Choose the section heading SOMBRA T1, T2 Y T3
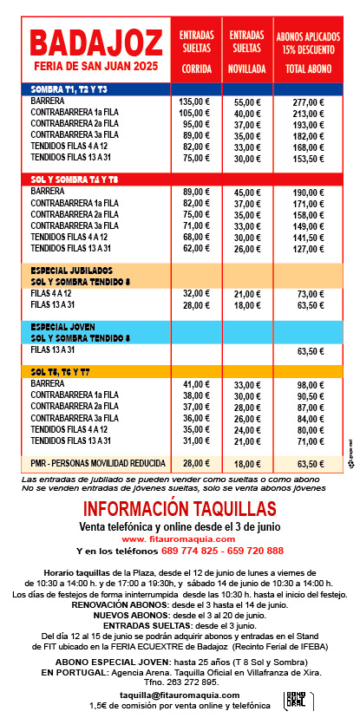click(x=69, y=89)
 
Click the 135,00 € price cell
click(x=196, y=101)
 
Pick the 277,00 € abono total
click(x=308, y=101)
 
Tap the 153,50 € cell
click(x=308, y=158)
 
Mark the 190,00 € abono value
click(x=308, y=192)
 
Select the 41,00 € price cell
click(x=197, y=384)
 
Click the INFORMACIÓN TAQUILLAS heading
click(x=180, y=508)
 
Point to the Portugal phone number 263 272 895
click(x=180, y=682)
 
